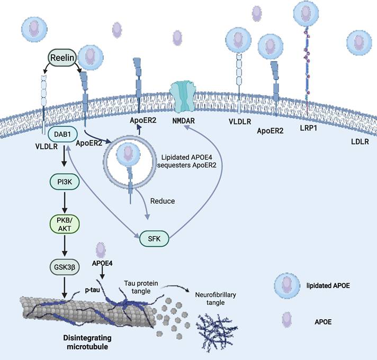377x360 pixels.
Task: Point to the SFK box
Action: (x=154, y=240)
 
